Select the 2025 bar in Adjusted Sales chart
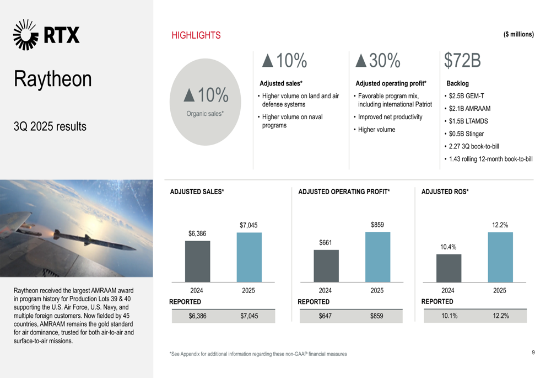249,257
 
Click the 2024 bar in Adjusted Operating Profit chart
326,266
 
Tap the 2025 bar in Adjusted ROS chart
500,257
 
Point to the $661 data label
326,243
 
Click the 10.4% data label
448,247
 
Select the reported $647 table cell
326,316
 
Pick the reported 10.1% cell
449,316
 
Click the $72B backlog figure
462,61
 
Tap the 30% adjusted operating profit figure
378,61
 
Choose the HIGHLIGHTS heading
196,35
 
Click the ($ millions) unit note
518,34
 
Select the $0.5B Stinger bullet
466,134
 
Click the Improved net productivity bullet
390,117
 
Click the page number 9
533,352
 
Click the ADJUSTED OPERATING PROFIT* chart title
344,192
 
